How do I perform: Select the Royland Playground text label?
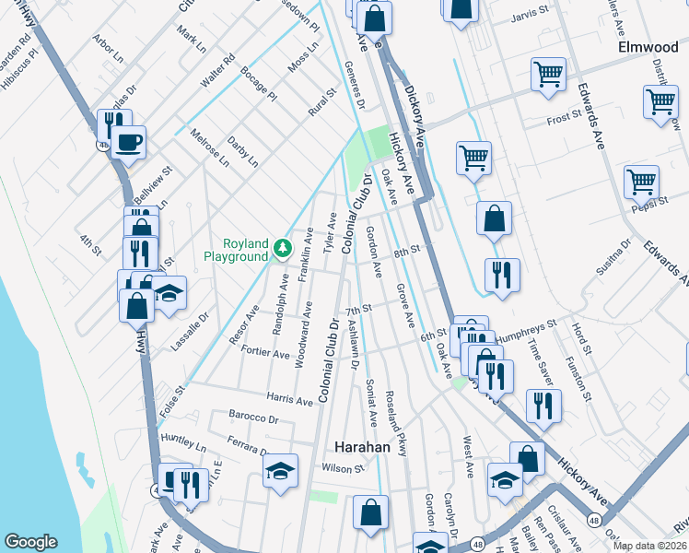point(235,250)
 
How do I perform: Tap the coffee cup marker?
point(130,143)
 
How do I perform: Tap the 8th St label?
point(406,251)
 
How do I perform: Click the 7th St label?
point(357,311)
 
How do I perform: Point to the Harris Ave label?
point(290,399)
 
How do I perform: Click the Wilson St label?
point(338,468)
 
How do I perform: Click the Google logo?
point(30,542)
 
